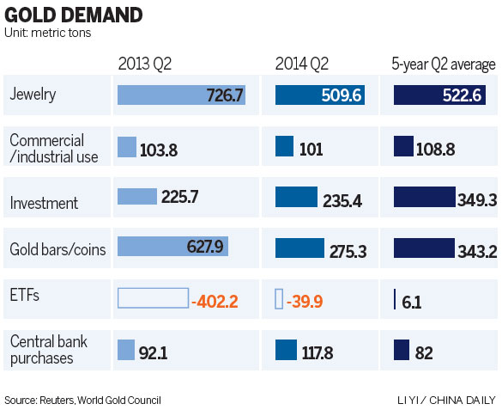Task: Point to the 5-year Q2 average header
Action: [443, 64]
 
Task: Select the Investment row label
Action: [44, 204]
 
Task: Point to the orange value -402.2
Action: [215, 301]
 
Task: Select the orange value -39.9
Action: [306, 301]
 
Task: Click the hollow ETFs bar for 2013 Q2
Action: [152, 298]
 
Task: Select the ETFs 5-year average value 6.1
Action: [412, 303]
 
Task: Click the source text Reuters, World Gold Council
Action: [82, 400]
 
